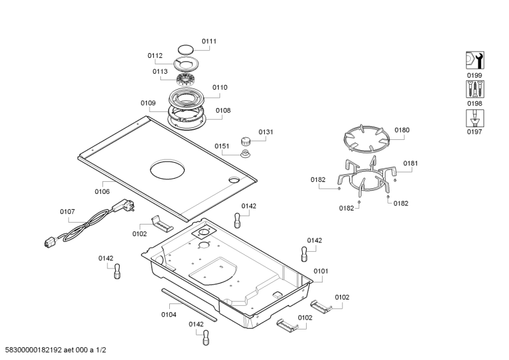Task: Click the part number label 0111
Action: pos(209,41)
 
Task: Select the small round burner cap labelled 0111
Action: pos(185,49)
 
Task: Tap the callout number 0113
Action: pos(160,72)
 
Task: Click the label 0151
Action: pos(221,146)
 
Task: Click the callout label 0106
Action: pos(102,191)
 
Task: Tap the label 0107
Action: pos(67,211)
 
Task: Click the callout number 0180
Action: pos(402,130)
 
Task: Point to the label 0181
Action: pos(410,163)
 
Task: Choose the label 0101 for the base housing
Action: pos(321,271)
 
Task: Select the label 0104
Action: pos(169,314)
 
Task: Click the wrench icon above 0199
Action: pos(475,60)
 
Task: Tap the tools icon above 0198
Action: pos(475,88)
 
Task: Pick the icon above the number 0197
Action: pos(475,118)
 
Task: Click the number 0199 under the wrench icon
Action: pos(475,75)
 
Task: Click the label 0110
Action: pos(220,87)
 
